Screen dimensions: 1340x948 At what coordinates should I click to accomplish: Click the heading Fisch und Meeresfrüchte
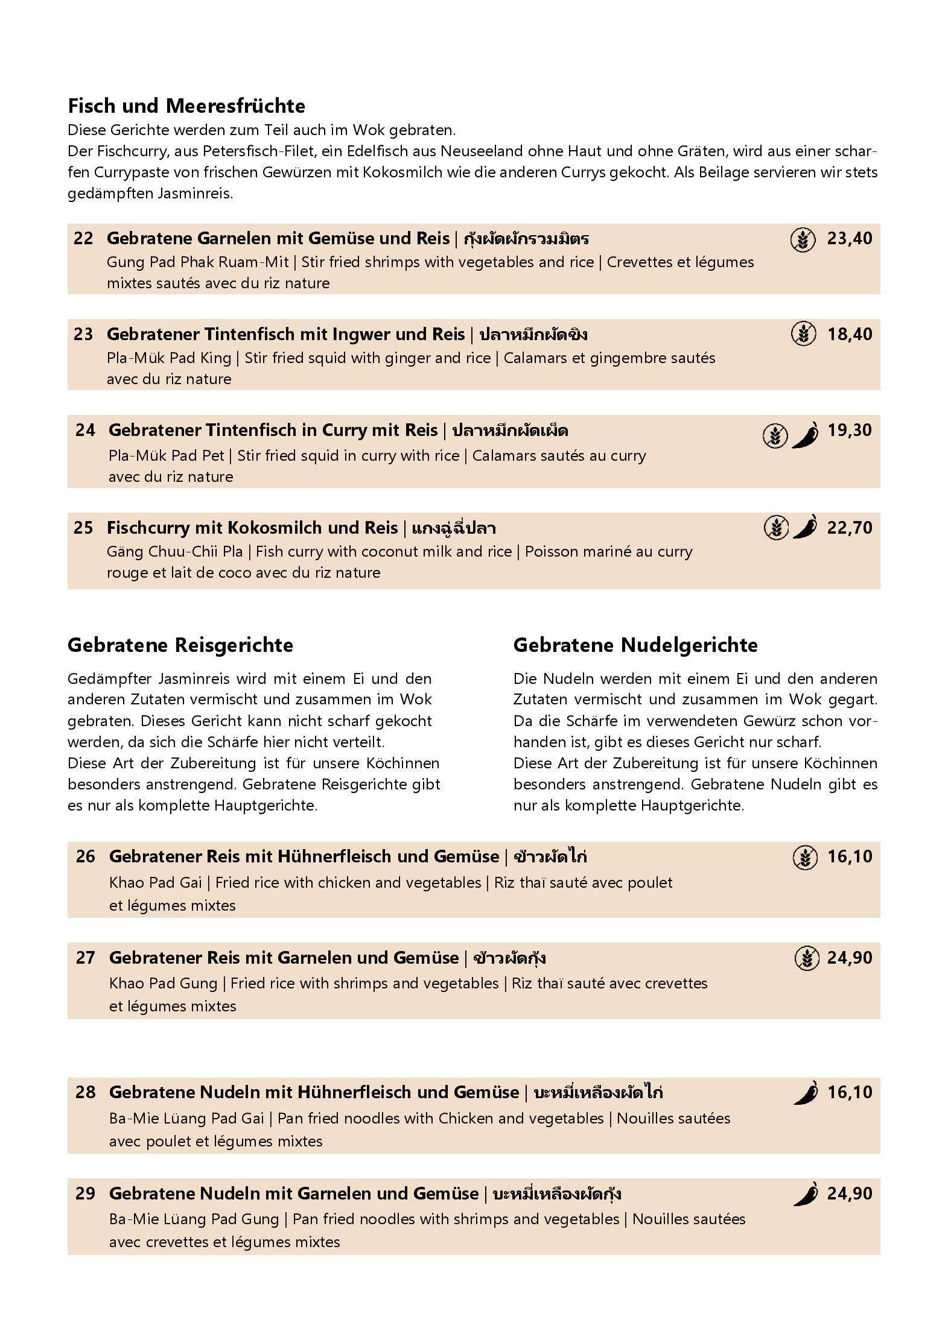point(186,106)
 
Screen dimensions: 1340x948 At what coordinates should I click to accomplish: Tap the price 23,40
point(849,239)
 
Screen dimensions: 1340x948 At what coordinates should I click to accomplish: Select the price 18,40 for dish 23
point(849,335)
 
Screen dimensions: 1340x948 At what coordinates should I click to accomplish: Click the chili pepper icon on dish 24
point(805,435)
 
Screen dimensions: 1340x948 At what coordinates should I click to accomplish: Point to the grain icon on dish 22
point(803,240)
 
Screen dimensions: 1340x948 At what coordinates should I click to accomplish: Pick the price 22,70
point(849,528)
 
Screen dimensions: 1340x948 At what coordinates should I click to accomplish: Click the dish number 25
point(83,528)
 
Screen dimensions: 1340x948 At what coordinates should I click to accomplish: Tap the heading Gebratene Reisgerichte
point(180,645)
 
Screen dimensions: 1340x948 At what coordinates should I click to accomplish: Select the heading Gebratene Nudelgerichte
point(635,645)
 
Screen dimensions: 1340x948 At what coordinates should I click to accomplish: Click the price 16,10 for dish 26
point(850,857)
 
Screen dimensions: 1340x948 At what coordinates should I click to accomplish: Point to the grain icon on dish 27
point(806,958)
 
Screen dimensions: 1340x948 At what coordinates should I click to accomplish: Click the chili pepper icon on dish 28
point(806,1093)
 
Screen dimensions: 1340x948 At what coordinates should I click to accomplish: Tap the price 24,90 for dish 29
point(850,1194)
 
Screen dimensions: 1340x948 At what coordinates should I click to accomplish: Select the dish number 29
point(85,1194)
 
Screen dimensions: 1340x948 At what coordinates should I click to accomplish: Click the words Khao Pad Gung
point(163,984)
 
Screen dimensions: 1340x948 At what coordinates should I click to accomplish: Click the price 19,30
point(850,431)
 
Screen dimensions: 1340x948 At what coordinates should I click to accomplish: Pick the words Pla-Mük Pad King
point(169,358)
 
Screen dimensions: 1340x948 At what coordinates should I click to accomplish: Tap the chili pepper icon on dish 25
point(806,528)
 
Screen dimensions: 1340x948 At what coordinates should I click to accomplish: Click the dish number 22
point(83,239)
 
